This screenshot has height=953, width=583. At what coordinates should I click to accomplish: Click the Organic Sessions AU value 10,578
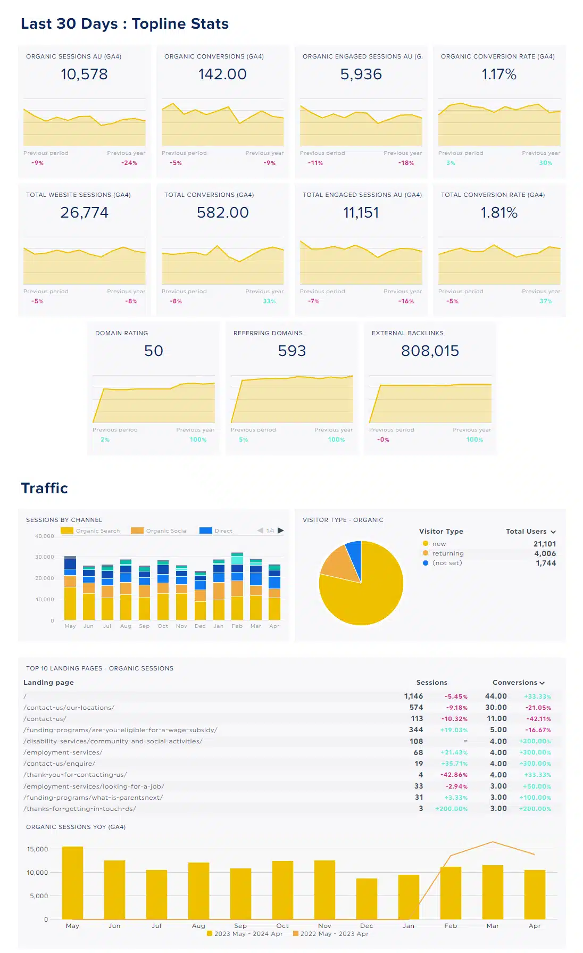click(x=84, y=74)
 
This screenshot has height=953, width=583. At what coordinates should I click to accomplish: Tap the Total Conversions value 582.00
click(x=222, y=213)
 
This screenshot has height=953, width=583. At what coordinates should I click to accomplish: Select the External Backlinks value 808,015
click(x=430, y=351)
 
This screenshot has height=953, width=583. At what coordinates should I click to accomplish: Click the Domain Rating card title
click(x=121, y=333)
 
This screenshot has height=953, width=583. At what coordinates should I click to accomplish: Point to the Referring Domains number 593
click(x=291, y=351)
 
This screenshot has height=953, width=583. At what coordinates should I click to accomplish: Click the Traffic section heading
click(x=45, y=488)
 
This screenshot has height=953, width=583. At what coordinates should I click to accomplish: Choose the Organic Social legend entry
click(x=166, y=531)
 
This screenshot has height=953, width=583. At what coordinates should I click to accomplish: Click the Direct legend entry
click(x=223, y=531)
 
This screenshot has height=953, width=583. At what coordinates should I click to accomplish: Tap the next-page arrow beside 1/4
click(x=281, y=531)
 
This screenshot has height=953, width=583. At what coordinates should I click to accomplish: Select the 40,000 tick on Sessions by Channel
click(x=45, y=536)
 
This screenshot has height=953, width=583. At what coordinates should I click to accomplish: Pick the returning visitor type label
click(x=447, y=553)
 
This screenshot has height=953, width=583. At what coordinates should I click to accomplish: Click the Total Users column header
click(x=526, y=532)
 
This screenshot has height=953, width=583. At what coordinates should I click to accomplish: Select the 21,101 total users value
click(x=544, y=544)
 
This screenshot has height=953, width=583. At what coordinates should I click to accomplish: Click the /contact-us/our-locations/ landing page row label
click(x=69, y=708)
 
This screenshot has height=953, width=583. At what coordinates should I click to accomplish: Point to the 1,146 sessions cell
click(x=413, y=697)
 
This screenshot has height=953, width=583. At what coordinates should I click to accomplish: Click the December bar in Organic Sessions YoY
click(x=367, y=899)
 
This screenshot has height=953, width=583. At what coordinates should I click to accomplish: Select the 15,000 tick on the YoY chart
click(x=37, y=849)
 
